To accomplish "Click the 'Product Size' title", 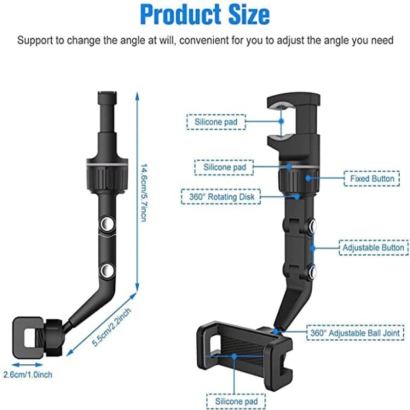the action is (205, 15).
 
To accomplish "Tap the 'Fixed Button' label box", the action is (372, 178).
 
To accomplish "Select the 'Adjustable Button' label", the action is (374, 248).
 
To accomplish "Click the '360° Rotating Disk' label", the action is (221, 197).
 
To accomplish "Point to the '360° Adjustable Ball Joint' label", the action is (355, 333).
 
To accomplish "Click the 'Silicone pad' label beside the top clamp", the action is (216, 122).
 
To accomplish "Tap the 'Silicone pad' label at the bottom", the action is (236, 401).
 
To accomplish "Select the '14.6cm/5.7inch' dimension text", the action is (144, 193).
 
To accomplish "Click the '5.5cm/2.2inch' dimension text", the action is (111, 327).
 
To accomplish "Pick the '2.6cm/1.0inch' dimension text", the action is (28, 375).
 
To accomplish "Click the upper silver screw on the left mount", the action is (107, 223).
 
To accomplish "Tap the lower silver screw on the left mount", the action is (107, 270).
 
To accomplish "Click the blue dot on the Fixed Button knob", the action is (309, 178).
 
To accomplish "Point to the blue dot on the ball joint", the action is (276, 331).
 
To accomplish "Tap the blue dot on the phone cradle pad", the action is (234, 356).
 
